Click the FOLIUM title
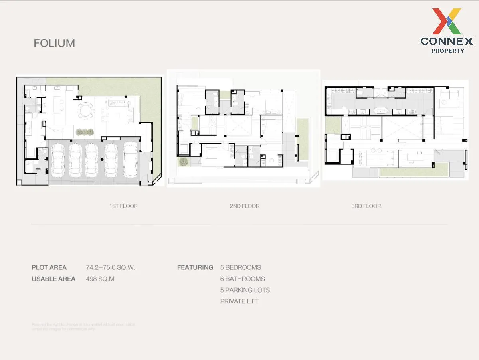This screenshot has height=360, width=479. (x=54, y=43)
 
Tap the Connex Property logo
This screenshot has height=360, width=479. (x=447, y=31)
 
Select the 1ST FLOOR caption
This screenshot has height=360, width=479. (x=123, y=206)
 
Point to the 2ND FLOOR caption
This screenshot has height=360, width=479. (x=245, y=206)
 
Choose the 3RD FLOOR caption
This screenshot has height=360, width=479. (x=366, y=206)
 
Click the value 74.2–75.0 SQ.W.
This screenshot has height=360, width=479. (x=111, y=267)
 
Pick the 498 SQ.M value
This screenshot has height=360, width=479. (x=100, y=279)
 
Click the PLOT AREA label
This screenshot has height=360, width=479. (x=49, y=267)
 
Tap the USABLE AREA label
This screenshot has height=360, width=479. (x=53, y=279)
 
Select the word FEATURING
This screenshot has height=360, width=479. (x=195, y=267)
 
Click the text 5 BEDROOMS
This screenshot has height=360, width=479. (x=241, y=267)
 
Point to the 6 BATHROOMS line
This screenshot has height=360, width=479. (x=242, y=279)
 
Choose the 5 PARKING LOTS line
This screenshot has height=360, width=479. (x=245, y=290)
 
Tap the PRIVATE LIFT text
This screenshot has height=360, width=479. (x=239, y=301)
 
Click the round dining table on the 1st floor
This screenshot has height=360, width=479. (x=85, y=110)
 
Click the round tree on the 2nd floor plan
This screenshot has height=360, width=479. (x=184, y=162)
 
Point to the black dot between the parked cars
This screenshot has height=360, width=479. (x=102, y=160)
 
